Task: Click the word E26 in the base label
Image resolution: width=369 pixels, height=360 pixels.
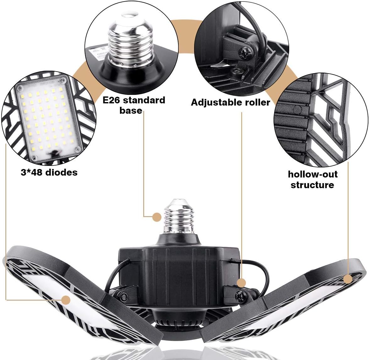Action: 112,100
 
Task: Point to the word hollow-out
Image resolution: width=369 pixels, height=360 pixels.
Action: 312,174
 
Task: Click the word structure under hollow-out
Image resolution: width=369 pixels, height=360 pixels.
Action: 312,185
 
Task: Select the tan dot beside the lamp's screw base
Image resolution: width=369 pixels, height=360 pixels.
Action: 157,216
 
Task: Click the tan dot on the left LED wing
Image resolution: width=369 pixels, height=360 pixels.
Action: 66,300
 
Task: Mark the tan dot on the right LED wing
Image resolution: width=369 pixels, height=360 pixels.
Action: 348,279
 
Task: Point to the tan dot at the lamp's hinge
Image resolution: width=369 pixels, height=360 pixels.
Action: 241,283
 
